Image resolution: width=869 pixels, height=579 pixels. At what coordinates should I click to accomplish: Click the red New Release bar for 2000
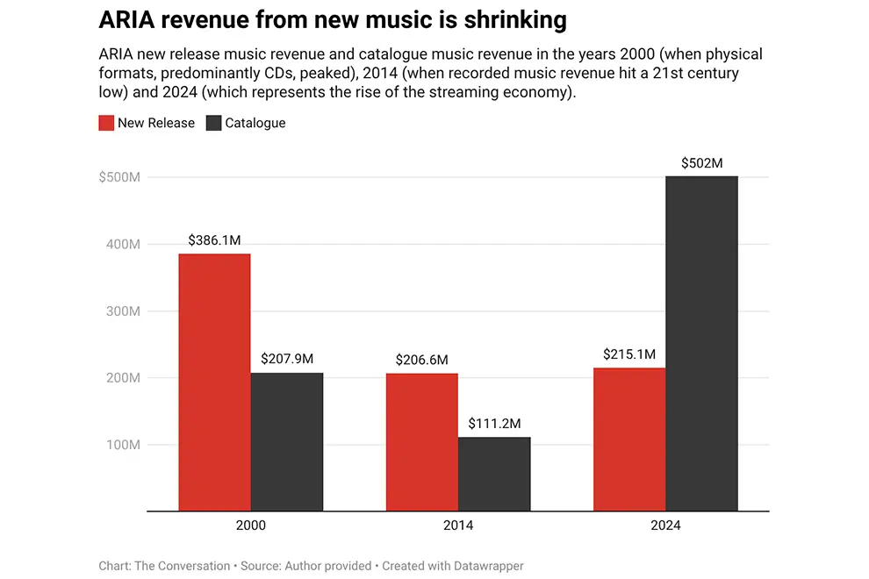(214, 382)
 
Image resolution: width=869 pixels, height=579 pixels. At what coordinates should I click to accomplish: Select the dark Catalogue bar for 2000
(287, 442)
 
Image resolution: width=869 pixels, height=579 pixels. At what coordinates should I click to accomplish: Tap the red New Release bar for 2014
(422, 442)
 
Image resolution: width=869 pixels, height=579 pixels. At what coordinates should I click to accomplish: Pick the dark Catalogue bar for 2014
(494, 474)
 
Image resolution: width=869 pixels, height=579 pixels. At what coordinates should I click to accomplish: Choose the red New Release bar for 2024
(629, 440)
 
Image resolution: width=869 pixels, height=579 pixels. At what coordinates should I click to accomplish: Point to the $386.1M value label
(215, 239)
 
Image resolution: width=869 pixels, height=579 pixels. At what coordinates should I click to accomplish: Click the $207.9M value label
(287, 359)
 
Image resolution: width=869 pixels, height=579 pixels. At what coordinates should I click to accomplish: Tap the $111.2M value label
(494, 423)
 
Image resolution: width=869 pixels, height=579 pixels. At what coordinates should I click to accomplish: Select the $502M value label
(701, 162)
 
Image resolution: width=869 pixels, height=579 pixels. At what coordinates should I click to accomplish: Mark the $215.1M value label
(629, 354)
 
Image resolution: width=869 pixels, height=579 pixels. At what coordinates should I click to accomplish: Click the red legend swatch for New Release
(106, 123)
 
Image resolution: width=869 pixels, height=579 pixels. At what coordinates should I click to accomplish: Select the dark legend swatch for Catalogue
(213, 123)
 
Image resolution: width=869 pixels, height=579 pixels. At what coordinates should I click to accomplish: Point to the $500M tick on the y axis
(120, 178)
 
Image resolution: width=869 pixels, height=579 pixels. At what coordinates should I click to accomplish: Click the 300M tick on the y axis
(123, 311)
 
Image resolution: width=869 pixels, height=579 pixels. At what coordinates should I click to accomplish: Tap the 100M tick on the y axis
(123, 445)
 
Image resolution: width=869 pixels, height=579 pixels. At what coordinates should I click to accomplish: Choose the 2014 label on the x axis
(458, 525)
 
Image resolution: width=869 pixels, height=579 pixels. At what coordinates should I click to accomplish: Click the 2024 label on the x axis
(665, 525)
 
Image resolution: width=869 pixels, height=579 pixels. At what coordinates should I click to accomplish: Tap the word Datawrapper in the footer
(485, 566)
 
